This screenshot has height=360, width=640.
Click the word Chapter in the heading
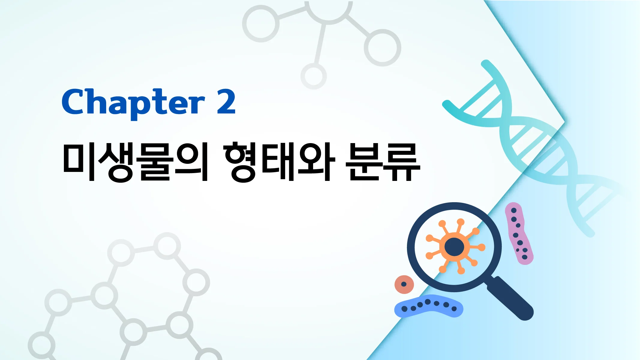(133, 102)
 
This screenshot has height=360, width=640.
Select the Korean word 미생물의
(135, 162)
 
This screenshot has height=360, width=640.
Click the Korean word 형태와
(279, 162)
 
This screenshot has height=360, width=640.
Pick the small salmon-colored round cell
(404, 284)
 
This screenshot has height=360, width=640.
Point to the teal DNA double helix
(534, 144)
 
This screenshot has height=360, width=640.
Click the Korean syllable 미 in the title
(79, 162)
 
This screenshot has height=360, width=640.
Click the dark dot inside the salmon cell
(404, 284)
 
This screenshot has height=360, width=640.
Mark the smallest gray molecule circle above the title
(313, 76)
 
